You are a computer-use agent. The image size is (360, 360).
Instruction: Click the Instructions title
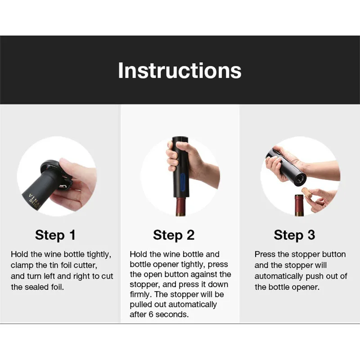[180, 71]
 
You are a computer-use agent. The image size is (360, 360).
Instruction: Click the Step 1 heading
[55, 235]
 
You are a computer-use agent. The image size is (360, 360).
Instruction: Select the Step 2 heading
[174, 235]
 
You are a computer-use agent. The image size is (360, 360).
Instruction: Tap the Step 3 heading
[294, 235]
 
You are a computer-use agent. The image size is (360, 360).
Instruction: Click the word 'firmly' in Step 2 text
[140, 295]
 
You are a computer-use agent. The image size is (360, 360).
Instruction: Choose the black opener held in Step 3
[288, 164]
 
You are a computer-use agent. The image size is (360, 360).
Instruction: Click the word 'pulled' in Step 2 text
[141, 305]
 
